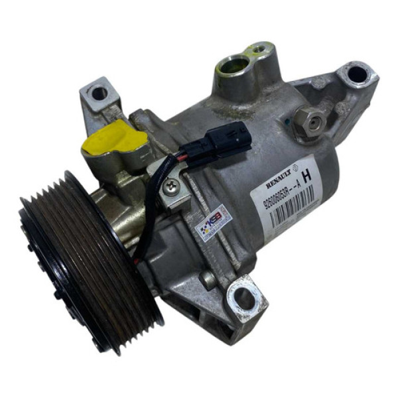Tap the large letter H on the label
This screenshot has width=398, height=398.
pyautogui.click(x=306, y=177)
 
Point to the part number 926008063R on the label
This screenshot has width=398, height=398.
pyautogui.click(x=272, y=193)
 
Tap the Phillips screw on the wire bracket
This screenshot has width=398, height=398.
pyautogui.click(x=172, y=188)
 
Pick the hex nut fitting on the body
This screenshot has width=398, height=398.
pyautogui.click(x=308, y=119)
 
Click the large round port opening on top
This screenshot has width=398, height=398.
pyautogui.click(x=233, y=66)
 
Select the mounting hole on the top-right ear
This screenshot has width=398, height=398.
pyautogui.click(x=357, y=73)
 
